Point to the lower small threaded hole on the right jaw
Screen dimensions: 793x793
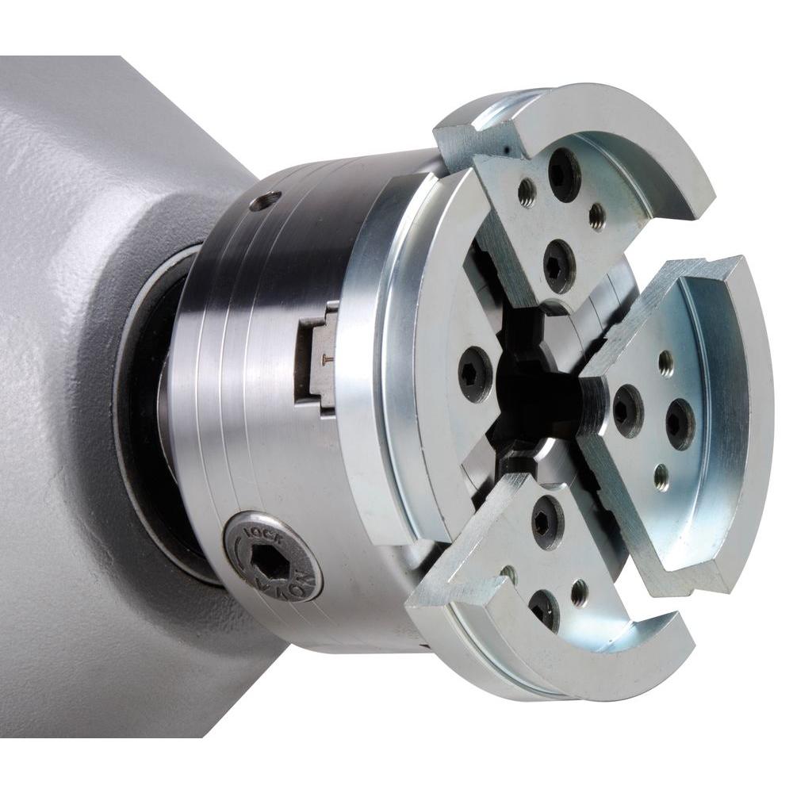(x=661, y=477)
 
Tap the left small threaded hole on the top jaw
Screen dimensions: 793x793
(x=527, y=191)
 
